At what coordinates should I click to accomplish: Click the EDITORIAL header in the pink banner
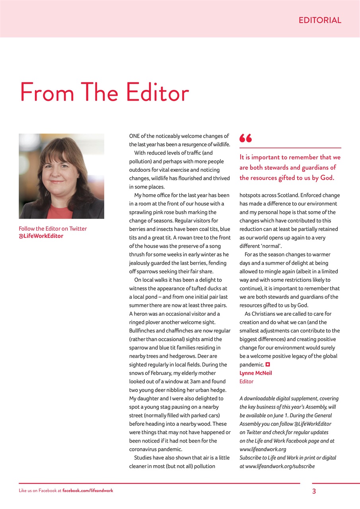click(320, 20)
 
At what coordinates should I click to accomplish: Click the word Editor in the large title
click(157, 93)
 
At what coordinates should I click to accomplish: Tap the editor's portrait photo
click(61, 176)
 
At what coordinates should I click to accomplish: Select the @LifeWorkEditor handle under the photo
click(41, 236)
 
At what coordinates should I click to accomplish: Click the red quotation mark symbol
click(245, 138)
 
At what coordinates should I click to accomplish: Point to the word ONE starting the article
click(134, 136)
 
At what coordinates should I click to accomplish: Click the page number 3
click(314, 491)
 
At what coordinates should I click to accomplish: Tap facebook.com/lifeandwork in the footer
click(88, 491)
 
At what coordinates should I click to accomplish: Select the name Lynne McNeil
click(256, 373)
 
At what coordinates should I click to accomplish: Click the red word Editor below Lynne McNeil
click(246, 381)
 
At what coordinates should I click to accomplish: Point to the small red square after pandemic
click(268, 364)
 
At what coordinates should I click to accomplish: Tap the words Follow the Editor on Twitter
click(53, 229)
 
